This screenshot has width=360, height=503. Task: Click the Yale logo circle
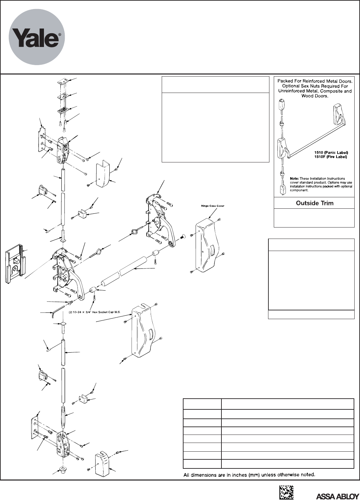(x=37, y=37)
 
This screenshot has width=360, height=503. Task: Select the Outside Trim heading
(x=314, y=203)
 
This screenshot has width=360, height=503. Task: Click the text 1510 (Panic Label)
(x=333, y=153)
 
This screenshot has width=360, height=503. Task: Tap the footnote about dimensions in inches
(x=249, y=474)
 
